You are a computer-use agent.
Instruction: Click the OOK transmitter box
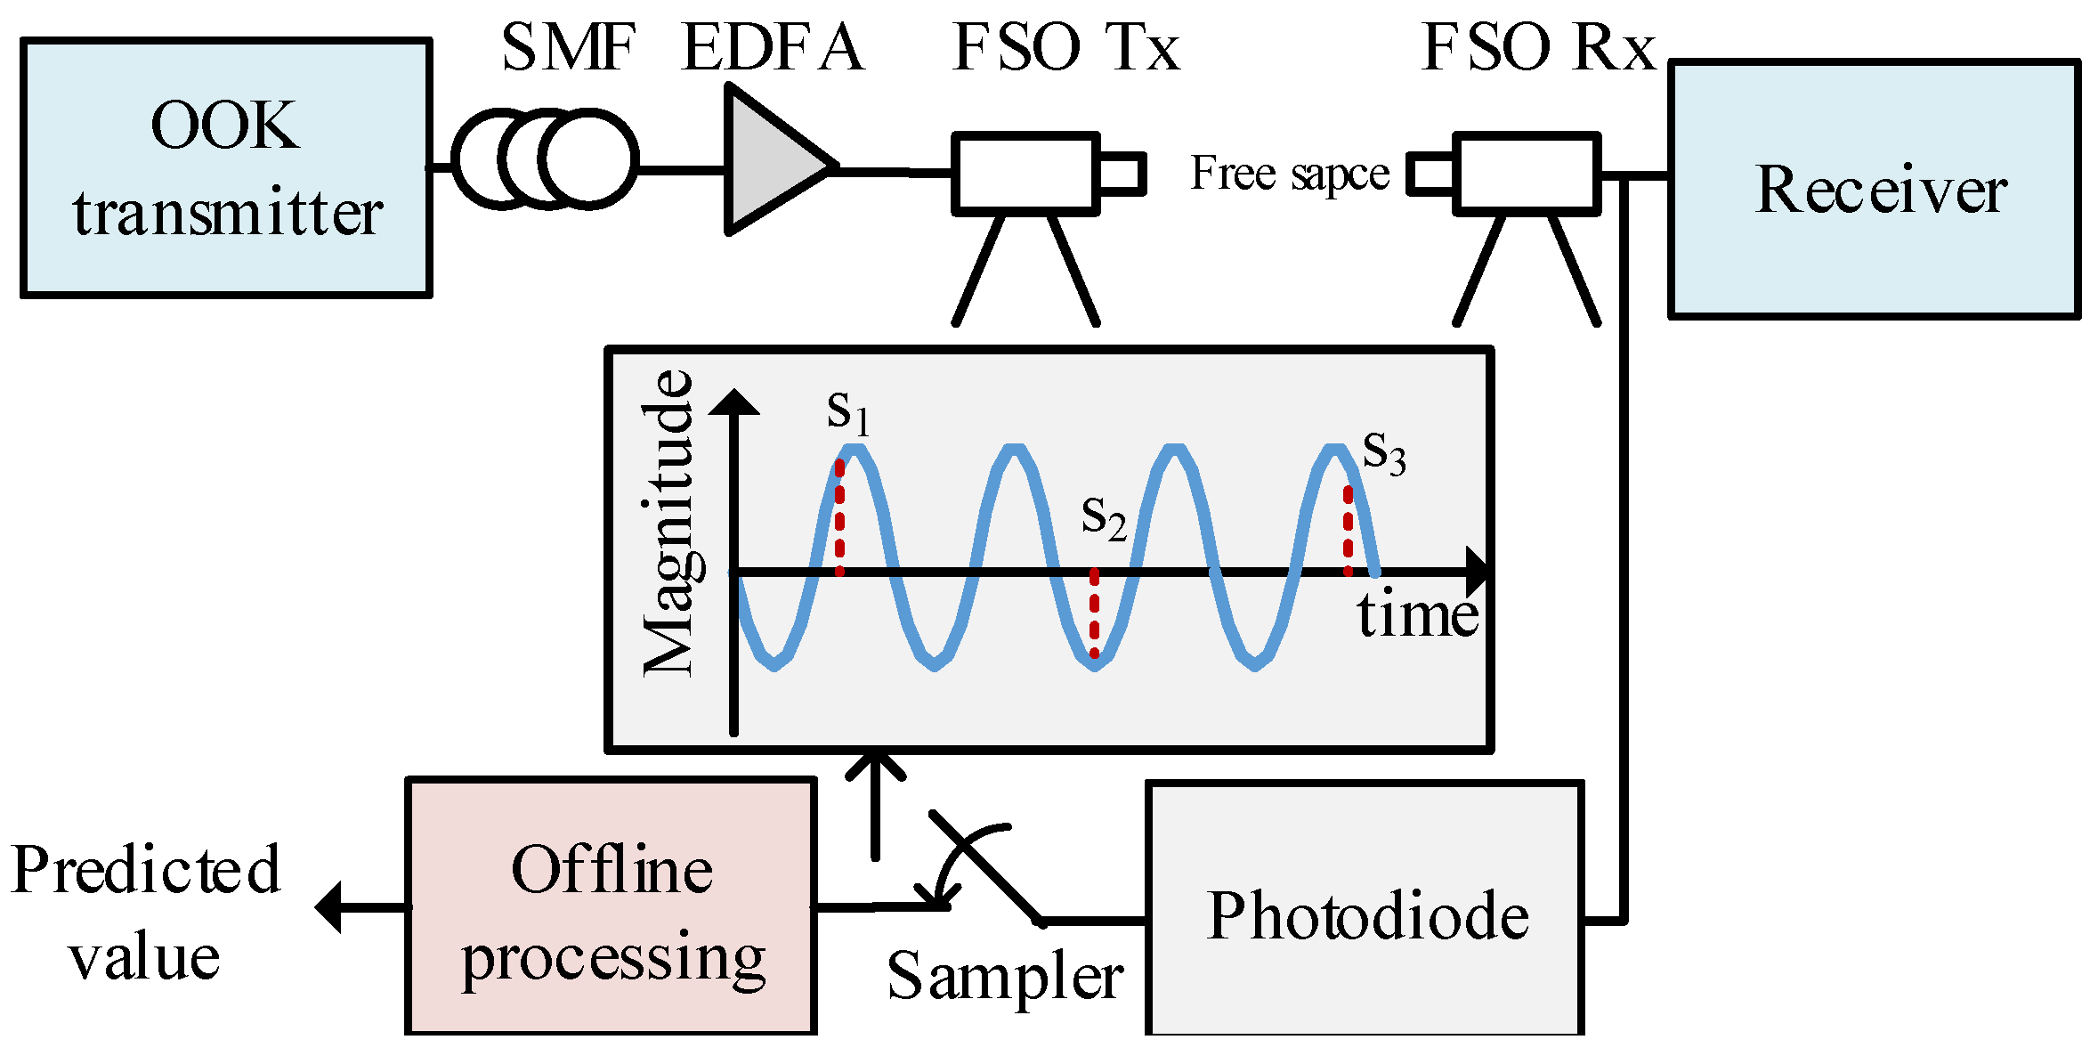pos(226,168)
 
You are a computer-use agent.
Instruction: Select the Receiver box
pos(1874,189)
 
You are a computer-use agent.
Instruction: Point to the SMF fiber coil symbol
pos(545,159)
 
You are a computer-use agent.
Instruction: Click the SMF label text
pos(568,48)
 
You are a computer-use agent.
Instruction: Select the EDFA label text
pos(773,48)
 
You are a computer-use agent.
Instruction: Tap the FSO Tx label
pos(1065,48)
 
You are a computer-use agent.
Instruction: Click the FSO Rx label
pos(1537,48)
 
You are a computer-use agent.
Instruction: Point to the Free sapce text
pos(1289,173)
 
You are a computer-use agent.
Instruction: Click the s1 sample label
pos(847,412)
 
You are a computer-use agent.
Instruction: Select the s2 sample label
pos(1104,517)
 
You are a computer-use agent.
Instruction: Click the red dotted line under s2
pos(1094,613)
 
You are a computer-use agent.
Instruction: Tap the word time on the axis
pos(1417,615)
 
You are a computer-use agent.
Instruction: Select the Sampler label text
pos(1005,977)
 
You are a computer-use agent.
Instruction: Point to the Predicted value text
pos(145,913)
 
